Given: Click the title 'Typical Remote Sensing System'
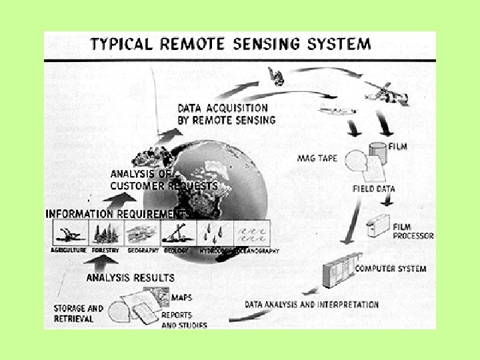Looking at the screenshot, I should [x=230, y=45].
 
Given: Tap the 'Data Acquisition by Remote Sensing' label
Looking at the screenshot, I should [x=226, y=114].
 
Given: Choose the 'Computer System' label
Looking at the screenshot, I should [x=390, y=268].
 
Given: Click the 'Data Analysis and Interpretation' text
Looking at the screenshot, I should [x=311, y=305].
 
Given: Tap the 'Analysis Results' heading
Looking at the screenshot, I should [x=130, y=277].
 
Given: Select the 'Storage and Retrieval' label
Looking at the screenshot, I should [x=79, y=313].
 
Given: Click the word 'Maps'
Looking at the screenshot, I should [x=181, y=297].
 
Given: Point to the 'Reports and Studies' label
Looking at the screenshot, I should [x=185, y=320].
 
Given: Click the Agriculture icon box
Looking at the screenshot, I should [x=69, y=233].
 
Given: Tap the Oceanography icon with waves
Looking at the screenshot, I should [x=253, y=233].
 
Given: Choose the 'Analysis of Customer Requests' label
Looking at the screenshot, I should [x=163, y=180].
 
